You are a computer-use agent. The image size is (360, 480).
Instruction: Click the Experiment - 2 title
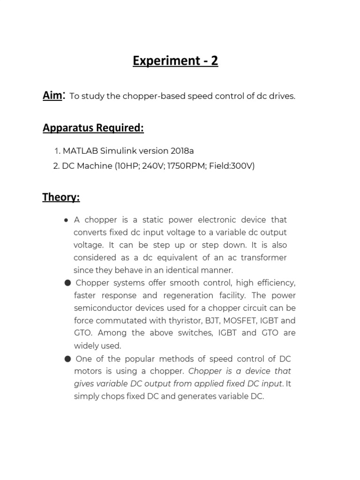[175, 61]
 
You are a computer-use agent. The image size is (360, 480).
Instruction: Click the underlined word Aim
[52, 96]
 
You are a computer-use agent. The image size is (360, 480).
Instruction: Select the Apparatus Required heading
[93, 128]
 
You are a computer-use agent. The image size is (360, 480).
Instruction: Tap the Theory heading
[61, 197]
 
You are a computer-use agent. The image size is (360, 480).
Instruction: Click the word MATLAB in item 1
[80, 150]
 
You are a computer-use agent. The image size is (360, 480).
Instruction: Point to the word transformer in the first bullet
[264, 257]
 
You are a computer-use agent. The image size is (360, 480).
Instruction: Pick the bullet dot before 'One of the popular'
[67, 359]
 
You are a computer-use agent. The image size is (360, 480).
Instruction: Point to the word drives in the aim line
[281, 97]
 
